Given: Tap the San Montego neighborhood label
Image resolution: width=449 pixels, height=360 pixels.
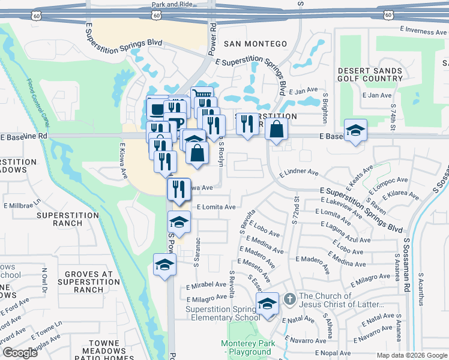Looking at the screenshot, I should (256, 44).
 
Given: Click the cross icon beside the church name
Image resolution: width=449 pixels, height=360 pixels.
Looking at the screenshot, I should (289, 298).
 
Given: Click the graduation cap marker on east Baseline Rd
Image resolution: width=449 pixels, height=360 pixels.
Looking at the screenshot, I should (355, 130).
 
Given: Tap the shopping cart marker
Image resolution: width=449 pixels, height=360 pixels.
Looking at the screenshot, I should (202, 95).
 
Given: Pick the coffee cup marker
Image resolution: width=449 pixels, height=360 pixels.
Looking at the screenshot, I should (157, 109).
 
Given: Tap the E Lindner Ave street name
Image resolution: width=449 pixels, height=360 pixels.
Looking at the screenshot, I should (298, 172).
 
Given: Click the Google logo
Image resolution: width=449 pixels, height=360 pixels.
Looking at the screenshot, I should (20, 353).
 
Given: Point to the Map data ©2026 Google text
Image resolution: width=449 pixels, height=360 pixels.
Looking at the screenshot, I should (411, 355).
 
